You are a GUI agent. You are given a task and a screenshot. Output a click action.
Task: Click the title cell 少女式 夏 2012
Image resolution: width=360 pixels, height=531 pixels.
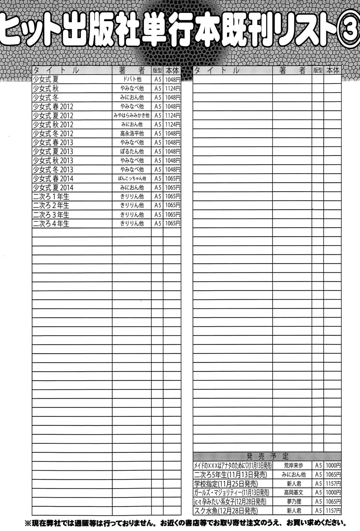pos(53,115)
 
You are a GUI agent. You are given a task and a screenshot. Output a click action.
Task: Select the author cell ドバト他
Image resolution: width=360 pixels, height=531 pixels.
pos(132,79)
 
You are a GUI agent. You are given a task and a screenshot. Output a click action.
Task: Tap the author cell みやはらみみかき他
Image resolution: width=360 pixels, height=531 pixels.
pos(132,115)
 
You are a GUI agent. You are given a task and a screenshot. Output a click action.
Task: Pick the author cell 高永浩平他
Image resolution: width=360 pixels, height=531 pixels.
pos(132,133)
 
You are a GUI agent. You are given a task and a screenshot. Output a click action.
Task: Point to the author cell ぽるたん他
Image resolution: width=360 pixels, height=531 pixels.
pos(132,151)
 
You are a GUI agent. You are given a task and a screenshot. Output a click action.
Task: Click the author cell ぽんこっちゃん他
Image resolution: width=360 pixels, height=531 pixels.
pos(132,178)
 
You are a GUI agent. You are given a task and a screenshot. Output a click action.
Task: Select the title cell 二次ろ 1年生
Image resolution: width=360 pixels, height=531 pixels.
pos(51,196)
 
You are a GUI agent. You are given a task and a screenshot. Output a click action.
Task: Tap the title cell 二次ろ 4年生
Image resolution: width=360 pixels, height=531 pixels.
pos(51,223)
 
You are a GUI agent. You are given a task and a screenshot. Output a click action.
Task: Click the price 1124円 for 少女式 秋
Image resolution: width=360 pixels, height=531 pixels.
pos(172,88)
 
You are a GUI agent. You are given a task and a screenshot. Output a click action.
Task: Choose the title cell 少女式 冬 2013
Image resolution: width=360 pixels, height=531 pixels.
pos(53,169)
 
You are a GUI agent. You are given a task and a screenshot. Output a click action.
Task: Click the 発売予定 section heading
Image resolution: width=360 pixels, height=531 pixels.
pos(267,456)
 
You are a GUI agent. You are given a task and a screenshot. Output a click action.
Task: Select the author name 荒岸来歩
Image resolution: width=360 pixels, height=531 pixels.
pos(293,466)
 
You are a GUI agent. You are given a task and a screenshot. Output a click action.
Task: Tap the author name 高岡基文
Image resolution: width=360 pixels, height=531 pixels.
pos(293,493)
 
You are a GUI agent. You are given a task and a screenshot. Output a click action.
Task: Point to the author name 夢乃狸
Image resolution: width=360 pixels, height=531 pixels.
pos(293,502)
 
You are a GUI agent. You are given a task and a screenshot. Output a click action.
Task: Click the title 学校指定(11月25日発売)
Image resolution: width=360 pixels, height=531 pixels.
pos(226,484)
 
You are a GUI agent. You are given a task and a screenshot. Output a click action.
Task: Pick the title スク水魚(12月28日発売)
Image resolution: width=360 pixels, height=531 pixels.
pos(226,511)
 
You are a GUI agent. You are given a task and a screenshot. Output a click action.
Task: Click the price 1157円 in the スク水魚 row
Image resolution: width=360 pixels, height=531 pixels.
pos(333,511)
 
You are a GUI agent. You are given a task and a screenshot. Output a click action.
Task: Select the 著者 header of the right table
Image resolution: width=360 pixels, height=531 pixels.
pos(292,70)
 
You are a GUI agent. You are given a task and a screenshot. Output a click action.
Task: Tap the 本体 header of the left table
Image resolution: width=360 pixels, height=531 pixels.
pos(172,70)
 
